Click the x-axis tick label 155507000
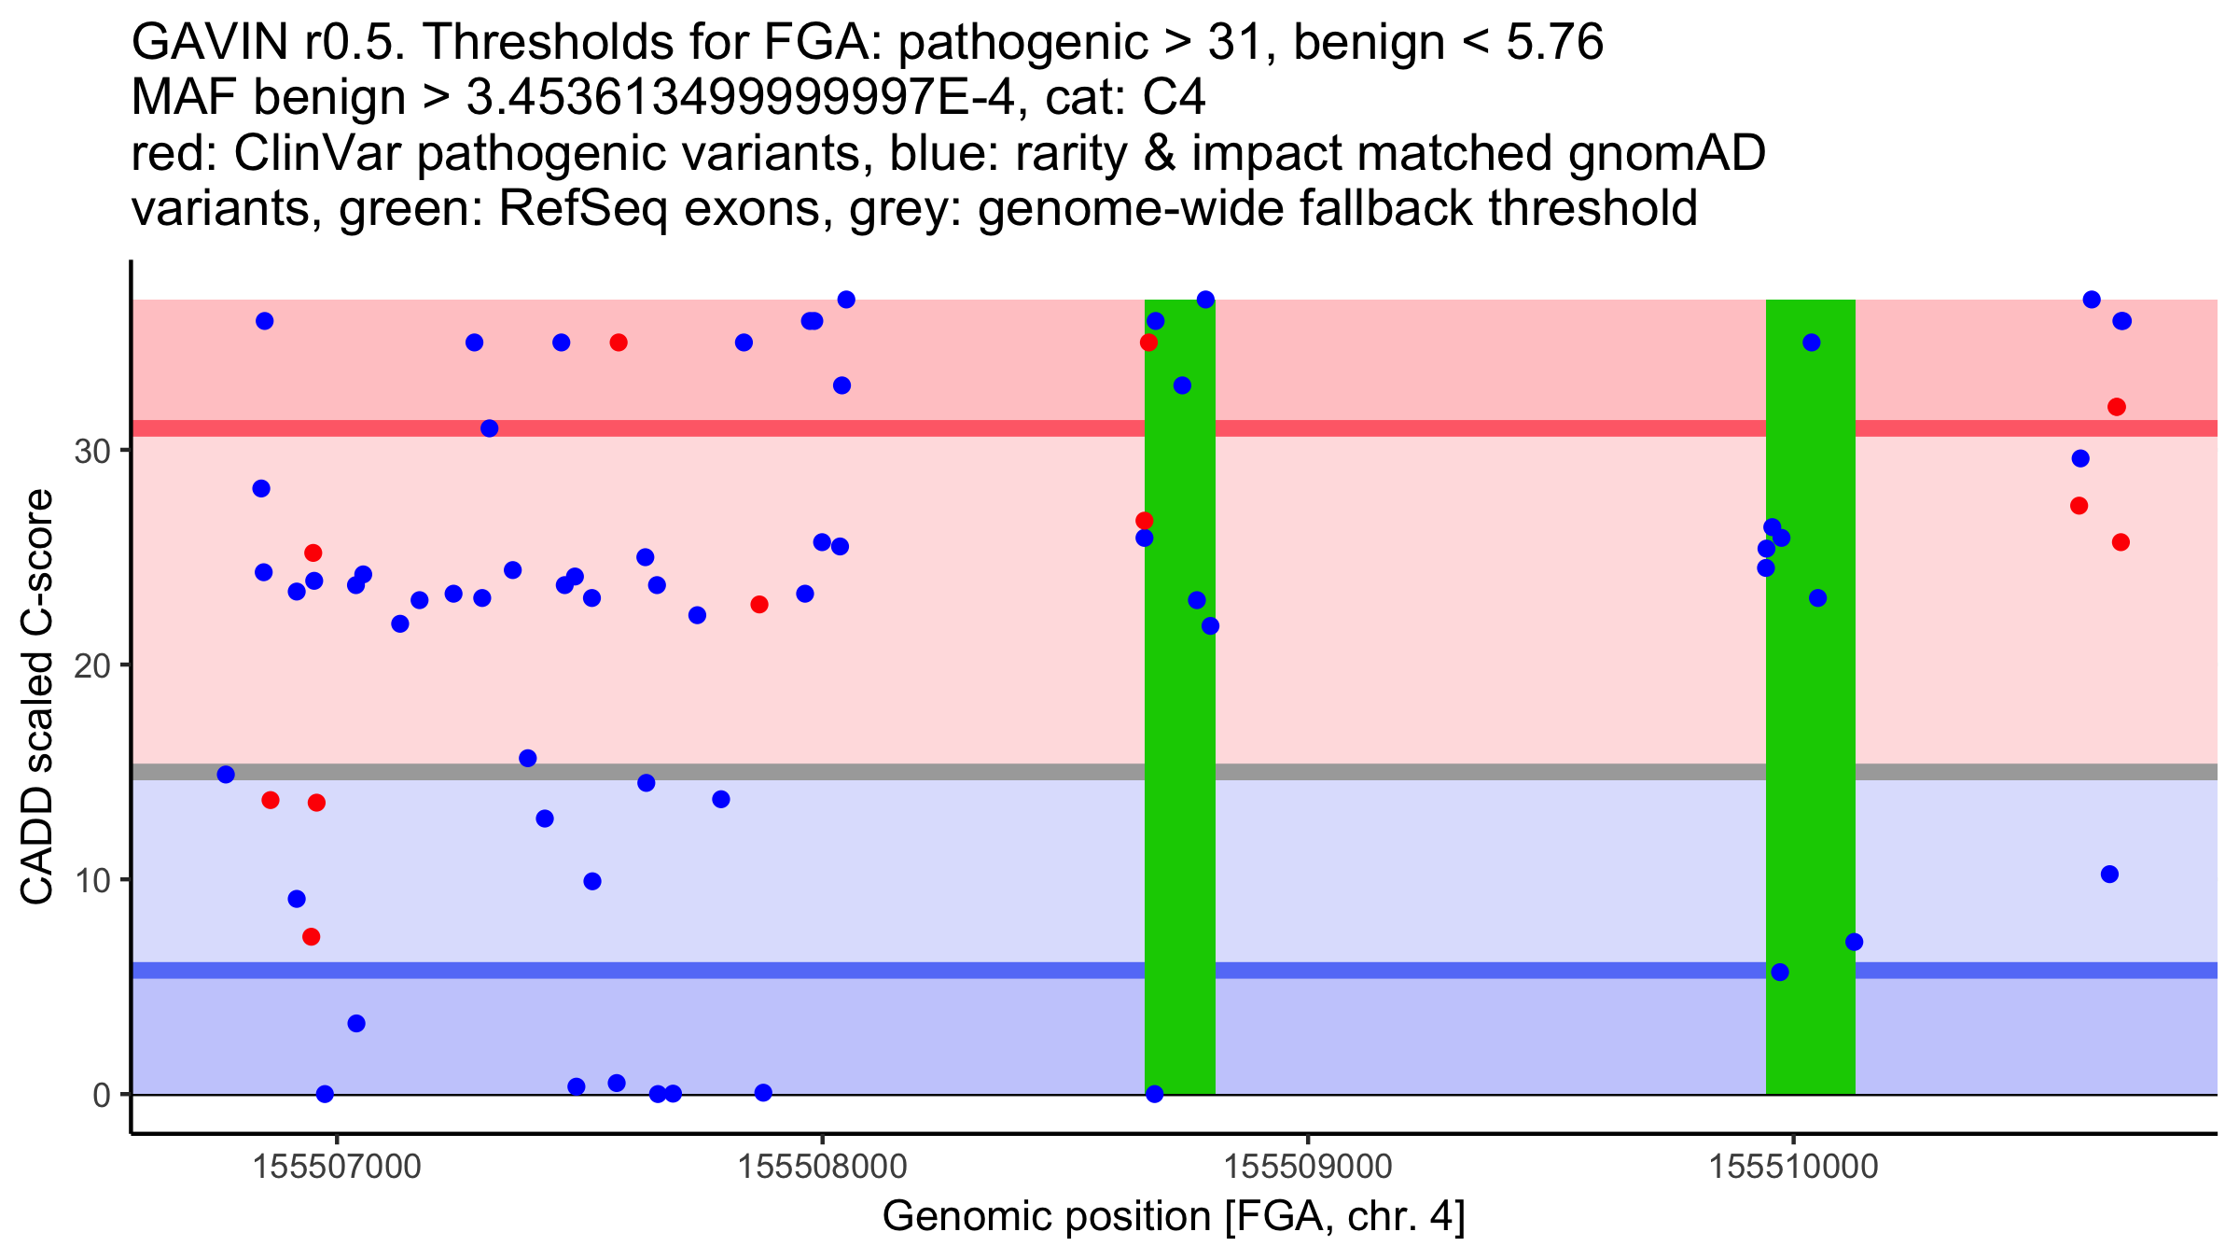pyautogui.click(x=337, y=1167)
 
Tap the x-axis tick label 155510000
pyautogui.click(x=1792, y=1167)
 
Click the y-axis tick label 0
pyautogui.click(x=101, y=1095)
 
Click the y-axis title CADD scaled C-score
pyautogui.click(x=37, y=697)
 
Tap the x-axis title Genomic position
pyautogui.click(x=1174, y=1217)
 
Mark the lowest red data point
pyautogui.click(x=312, y=937)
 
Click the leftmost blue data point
pyautogui.click(x=226, y=775)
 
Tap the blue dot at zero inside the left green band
pyautogui.click(x=1155, y=1094)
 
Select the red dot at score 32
pyautogui.click(x=2117, y=407)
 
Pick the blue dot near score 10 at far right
pyautogui.click(x=2110, y=875)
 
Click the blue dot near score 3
pyautogui.click(x=356, y=1024)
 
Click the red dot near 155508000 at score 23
pyautogui.click(x=759, y=605)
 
